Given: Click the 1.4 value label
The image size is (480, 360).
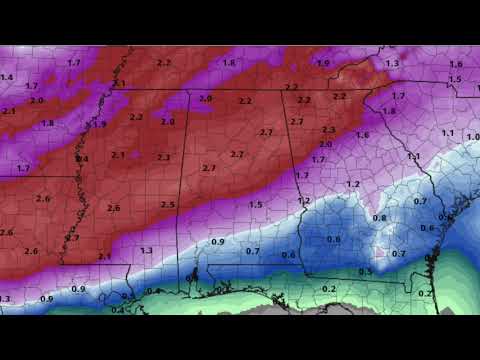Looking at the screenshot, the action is [x=7, y=77].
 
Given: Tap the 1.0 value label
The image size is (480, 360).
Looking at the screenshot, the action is [x=472, y=135].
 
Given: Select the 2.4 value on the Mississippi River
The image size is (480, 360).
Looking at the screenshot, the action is [x=82, y=159].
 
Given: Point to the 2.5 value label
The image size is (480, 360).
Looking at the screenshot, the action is [x=168, y=205].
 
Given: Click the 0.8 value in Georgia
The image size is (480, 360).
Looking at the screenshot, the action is [x=379, y=218].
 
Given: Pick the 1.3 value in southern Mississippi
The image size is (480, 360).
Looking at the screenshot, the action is [x=146, y=250].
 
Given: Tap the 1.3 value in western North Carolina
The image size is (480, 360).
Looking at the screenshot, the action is [x=392, y=64].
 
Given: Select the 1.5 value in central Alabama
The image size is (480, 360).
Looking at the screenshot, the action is [x=256, y=205].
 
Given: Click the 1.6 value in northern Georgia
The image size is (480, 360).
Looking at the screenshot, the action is [x=362, y=135].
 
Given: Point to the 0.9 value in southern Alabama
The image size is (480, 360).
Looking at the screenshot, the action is [x=218, y=242].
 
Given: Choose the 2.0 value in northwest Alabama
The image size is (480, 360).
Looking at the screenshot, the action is [x=207, y=98].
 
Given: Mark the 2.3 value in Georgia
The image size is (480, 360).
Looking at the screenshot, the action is [x=328, y=130].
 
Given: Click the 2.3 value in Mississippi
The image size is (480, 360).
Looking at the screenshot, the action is [x=163, y=157].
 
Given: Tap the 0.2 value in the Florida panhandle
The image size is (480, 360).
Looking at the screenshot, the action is [x=329, y=289].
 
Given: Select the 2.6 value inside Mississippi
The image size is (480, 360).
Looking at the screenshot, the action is [x=113, y=208].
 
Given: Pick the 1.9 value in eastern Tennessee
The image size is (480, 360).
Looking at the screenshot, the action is [x=323, y=63].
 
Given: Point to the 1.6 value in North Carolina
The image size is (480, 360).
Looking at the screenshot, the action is [x=457, y=64].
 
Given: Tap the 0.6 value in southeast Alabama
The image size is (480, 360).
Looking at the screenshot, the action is [x=288, y=255].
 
